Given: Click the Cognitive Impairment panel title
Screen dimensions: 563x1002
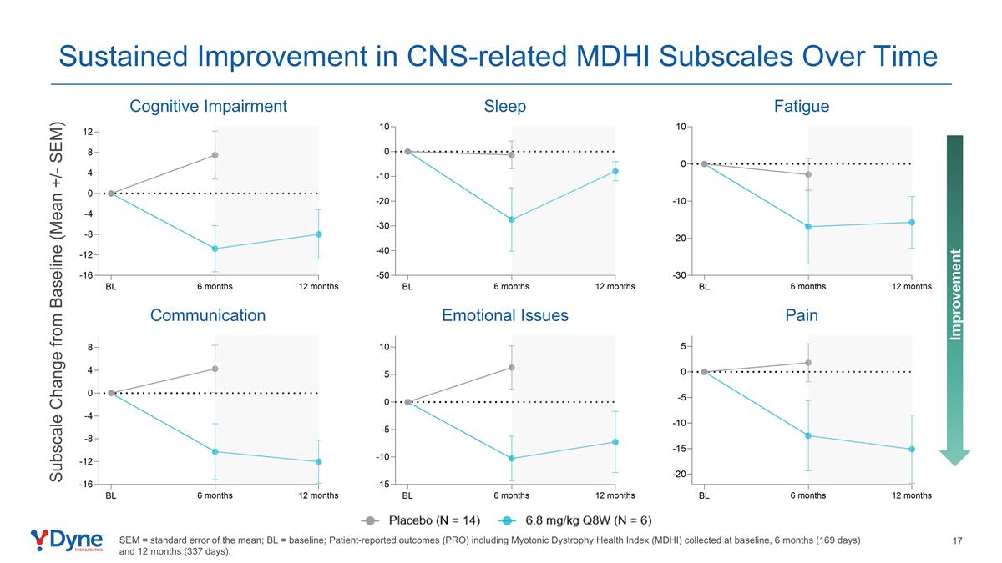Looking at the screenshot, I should (208, 106).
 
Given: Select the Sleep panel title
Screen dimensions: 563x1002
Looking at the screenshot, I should (504, 106).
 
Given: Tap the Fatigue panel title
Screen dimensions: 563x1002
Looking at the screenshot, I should (801, 106).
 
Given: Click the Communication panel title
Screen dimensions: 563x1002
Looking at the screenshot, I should (208, 315).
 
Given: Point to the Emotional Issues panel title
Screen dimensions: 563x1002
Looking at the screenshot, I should (504, 315).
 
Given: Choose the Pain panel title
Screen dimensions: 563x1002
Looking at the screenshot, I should (801, 315).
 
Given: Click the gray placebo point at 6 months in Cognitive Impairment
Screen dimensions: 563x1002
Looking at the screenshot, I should (215, 155).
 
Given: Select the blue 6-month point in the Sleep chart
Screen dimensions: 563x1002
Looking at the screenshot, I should (512, 219).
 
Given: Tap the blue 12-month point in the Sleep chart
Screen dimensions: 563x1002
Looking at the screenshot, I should (615, 171).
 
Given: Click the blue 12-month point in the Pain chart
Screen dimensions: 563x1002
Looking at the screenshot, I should (912, 449).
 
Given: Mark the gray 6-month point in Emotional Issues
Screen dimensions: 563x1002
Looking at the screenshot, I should (512, 367).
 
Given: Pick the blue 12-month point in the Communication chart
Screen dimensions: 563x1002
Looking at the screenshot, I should (318, 461).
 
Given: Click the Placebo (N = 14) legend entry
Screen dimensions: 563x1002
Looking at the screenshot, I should (423, 521).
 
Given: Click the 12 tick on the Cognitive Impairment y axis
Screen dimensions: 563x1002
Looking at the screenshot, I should (87, 132).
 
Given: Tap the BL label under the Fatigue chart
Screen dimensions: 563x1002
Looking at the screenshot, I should (704, 286).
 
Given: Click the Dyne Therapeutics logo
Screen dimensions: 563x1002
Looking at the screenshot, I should (67, 540).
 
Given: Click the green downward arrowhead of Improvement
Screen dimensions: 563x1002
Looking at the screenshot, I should (954, 457).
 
